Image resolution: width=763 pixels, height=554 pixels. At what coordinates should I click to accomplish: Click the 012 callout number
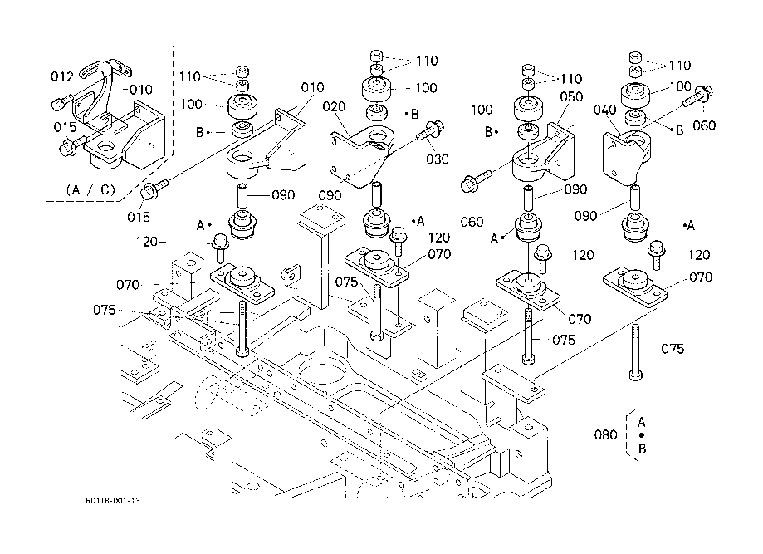(62, 77)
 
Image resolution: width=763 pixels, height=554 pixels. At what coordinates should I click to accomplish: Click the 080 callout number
(607, 434)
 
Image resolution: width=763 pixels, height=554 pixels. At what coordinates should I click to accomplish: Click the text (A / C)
(91, 189)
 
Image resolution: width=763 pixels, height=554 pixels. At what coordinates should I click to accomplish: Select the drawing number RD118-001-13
(113, 501)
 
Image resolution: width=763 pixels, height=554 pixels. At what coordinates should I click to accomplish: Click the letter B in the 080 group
(642, 449)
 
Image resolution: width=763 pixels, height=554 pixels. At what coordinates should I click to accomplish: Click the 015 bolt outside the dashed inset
(152, 190)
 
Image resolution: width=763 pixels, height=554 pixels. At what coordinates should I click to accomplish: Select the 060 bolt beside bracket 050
(477, 178)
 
